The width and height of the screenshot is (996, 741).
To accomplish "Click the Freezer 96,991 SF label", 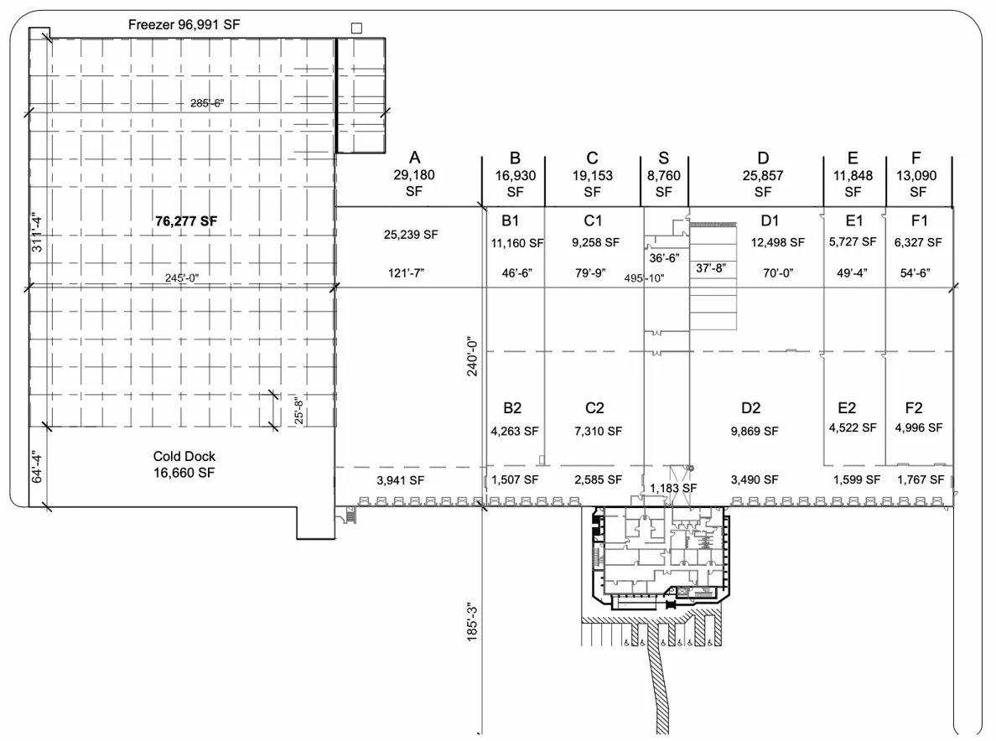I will point(184,24).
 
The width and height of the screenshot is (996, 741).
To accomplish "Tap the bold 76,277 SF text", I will point(185,222).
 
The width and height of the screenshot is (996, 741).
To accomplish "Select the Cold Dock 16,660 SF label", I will point(184,464).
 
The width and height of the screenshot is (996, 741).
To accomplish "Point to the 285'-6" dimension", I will point(208,104).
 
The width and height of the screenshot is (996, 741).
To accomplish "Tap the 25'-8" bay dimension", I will point(298,411).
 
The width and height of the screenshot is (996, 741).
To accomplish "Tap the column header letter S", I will point(664,158).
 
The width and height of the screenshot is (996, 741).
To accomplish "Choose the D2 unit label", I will point(750,407).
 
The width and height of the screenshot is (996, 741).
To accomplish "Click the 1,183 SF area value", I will point(673,487).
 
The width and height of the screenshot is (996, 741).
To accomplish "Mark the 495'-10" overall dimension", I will point(644,279).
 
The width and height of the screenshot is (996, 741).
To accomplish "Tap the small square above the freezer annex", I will point(356,27).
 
